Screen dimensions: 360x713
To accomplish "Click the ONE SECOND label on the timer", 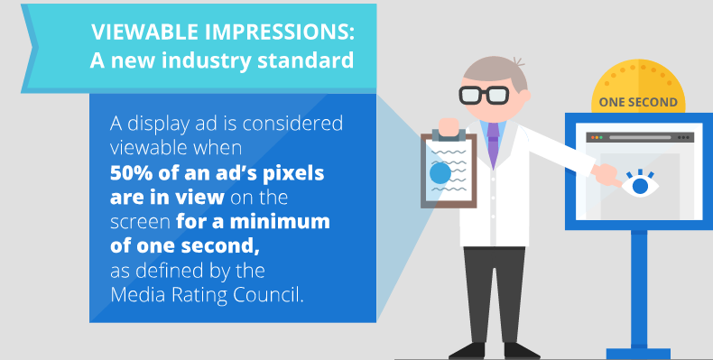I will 638,102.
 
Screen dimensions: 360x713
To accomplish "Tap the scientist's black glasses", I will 484,93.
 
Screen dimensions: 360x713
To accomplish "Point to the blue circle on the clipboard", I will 441,172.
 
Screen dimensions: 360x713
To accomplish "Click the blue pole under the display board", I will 639,289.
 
